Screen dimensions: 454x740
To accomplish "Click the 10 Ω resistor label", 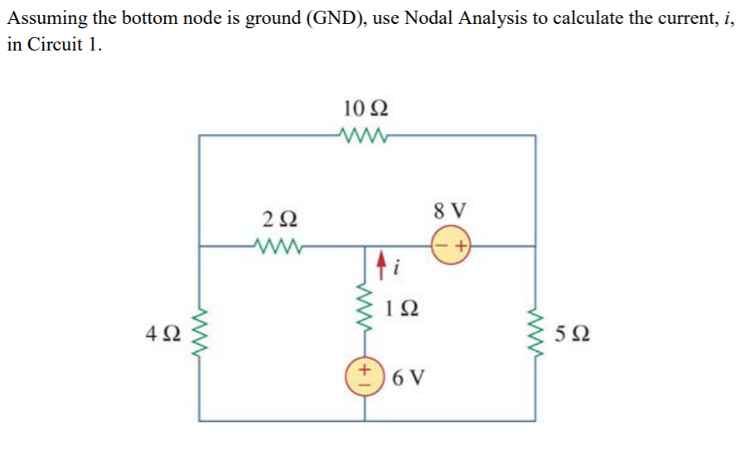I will pyautogui.click(x=365, y=108).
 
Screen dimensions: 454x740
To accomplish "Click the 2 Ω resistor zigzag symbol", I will pyautogui.click(x=276, y=245).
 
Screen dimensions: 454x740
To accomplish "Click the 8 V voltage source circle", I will pyautogui.click(x=451, y=246).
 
